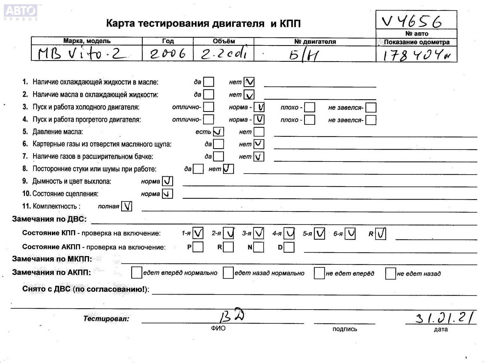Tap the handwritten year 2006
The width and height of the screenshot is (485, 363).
pyautogui.click(x=168, y=54)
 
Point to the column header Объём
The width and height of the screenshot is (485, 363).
pyautogui.click(x=224, y=41)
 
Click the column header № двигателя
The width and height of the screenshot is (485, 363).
pyautogui.click(x=315, y=42)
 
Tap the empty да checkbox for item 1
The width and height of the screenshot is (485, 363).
pyautogui.click(x=209, y=82)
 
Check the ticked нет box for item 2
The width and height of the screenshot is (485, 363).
pyautogui.click(x=249, y=95)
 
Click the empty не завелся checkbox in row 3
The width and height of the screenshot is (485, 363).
pyautogui.click(x=371, y=107)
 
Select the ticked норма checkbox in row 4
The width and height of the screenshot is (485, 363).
pyautogui.click(x=259, y=119)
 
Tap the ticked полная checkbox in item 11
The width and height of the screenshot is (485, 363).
pyautogui.click(x=127, y=206)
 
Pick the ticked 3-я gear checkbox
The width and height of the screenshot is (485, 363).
pyautogui.click(x=259, y=233)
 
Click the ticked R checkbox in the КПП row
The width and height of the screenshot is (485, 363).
pyautogui.click(x=381, y=233)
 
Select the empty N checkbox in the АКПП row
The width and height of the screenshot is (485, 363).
pyautogui.click(x=259, y=247)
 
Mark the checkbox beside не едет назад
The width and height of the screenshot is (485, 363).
pyautogui.click(x=390, y=274)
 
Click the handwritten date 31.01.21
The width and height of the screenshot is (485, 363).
pyautogui.click(x=444, y=317)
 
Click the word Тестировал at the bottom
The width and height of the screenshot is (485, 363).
pyautogui.click(x=106, y=319)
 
